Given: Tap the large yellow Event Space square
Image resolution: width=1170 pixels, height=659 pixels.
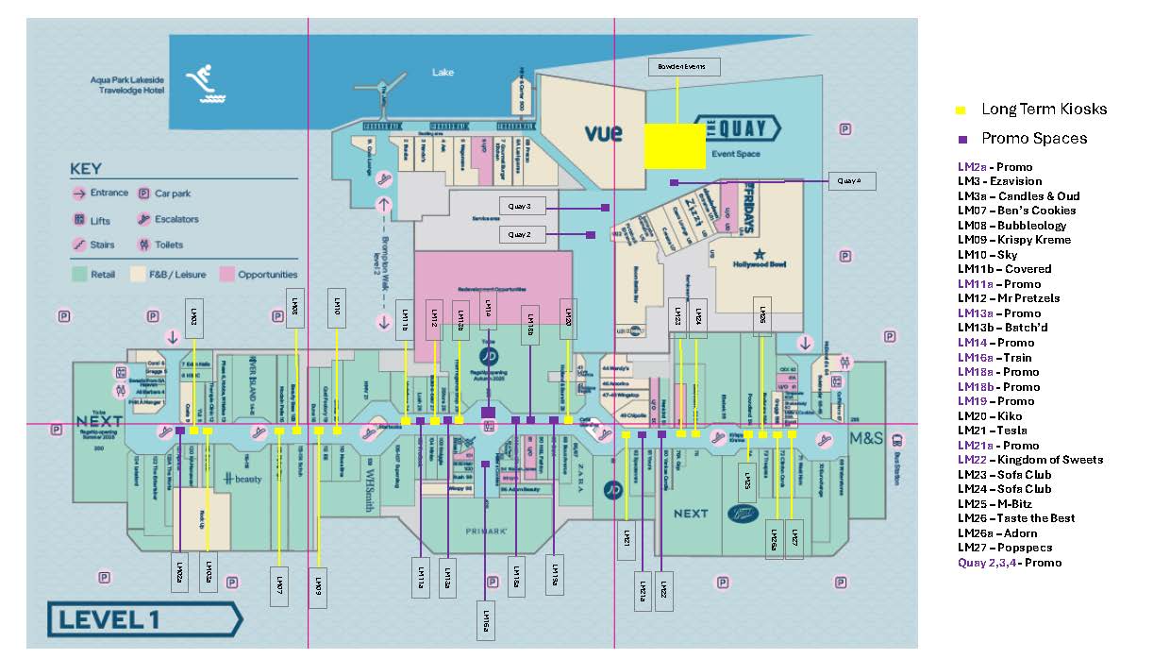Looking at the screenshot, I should coord(675,145).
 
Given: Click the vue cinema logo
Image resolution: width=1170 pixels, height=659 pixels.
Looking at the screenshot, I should coord(603,133).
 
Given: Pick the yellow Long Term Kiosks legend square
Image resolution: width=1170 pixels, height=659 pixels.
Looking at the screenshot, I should coord(961,110).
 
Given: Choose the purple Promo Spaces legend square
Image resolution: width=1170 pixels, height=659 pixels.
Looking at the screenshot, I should coord(961,140).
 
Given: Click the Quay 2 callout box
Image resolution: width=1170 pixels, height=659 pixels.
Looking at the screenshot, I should coord(523,234).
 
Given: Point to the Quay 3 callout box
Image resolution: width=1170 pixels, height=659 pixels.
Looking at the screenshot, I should coord(523,206).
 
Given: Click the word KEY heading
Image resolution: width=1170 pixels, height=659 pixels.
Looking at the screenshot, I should coord(85,170).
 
